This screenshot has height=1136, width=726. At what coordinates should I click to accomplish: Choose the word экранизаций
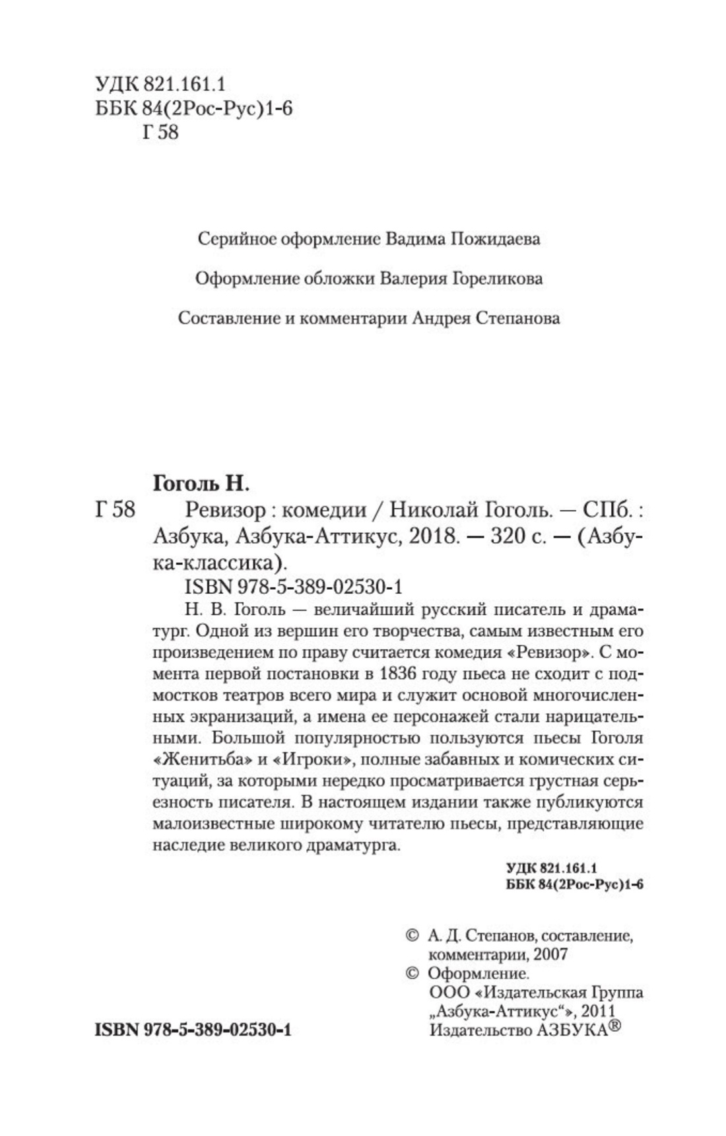[x=222, y=716]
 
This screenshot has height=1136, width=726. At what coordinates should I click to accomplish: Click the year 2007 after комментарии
[x=548, y=954]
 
